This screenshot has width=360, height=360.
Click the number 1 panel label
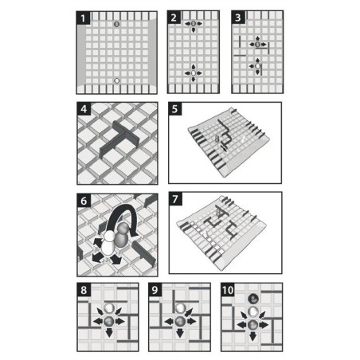pyautogui.click(x=83, y=18)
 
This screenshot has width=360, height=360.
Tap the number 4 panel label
pyautogui.click(x=84, y=109)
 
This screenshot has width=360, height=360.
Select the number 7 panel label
pyautogui.click(x=175, y=199)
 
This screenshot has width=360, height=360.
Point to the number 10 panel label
pyautogui.click(x=228, y=290)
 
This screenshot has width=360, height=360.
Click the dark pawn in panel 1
pyautogui.click(x=116, y=24)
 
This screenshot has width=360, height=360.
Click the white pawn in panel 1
pyautogui.click(x=116, y=80)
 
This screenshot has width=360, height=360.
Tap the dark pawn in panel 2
pyautogui.click(x=194, y=24)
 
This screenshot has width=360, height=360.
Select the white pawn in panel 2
pyautogui.click(x=194, y=72)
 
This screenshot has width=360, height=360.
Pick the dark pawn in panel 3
pyautogui.click(x=257, y=45)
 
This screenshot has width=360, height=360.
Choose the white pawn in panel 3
pyautogui.click(x=257, y=66)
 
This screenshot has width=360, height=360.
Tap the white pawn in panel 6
pyautogui.click(x=108, y=245)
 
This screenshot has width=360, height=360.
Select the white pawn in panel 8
pyautogui.click(x=109, y=308)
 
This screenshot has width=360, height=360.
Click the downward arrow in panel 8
pyautogui.click(x=109, y=333)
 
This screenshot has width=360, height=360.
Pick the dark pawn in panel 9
pyautogui.click(x=180, y=321)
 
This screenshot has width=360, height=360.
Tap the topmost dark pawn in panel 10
pyautogui.click(x=253, y=299)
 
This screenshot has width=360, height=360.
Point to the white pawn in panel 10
pyautogui.click(x=253, y=311)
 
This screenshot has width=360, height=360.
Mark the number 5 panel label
pyautogui.click(x=175, y=109)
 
